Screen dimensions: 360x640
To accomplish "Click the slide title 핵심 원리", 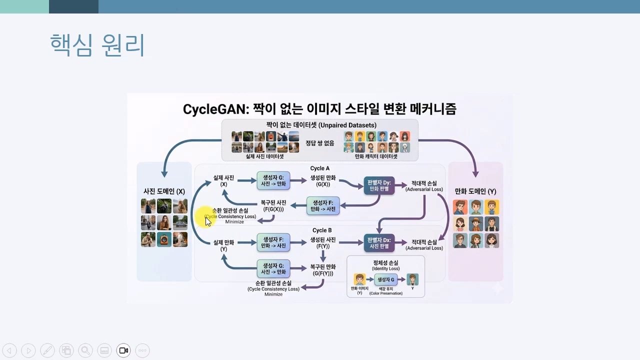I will click(97, 45).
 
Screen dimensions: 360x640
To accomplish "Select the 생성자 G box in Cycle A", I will click(273, 180).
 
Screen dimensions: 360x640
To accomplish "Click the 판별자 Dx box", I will click(378, 242).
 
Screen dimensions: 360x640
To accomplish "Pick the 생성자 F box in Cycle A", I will click(323, 205).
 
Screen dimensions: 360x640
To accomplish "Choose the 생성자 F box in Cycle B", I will click(273, 242).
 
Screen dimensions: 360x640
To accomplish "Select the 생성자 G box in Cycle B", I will click(273, 268).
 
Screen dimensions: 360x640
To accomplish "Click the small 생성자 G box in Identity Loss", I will click(385, 279).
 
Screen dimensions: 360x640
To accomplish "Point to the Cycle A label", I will click(320, 168).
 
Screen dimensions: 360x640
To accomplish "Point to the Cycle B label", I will click(322, 230).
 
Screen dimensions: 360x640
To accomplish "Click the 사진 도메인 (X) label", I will click(164, 191).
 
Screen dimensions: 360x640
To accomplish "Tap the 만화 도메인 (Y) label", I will click(475, 191).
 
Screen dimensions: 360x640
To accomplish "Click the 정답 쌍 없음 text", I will click(319, 143).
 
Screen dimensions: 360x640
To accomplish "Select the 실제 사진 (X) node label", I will click(223, 181).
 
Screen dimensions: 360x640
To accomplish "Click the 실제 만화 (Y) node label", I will click(223, 245).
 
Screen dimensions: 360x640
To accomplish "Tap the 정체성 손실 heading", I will click(385, 263).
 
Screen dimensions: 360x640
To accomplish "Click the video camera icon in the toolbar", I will click(123, 350).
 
